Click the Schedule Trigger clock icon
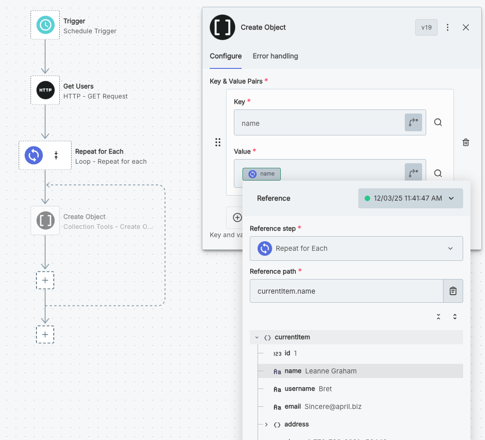(45, 25)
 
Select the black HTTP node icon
(45, 90)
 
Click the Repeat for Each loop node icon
(34, 155)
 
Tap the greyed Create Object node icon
(45, 221)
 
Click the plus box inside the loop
(45, 280)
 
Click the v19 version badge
(426, 27)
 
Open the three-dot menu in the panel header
(448, 27)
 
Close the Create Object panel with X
(466, 27)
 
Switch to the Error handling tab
(275, 56)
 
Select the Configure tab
(226, 56)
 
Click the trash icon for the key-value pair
(466, 142)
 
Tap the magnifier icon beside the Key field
(438, 122)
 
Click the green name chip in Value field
(262, 174)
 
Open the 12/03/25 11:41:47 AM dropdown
(410, 198)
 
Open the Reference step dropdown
(356, 248)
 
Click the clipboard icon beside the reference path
(453, 291)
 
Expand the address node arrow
(266, 424)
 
